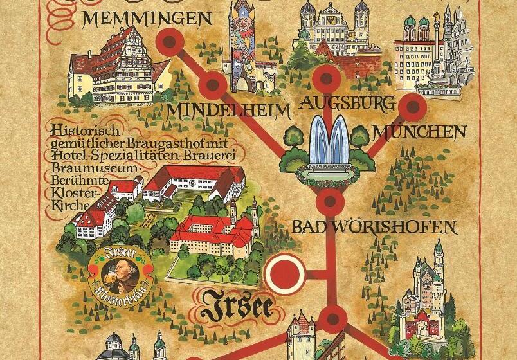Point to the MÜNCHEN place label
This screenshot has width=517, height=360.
(419, 133)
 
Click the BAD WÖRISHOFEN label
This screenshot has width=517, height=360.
(374, 227)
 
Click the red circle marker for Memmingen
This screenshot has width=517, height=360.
(170, 43)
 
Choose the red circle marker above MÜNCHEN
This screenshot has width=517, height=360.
(413, 107)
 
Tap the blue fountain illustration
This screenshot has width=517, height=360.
(328, 145)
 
